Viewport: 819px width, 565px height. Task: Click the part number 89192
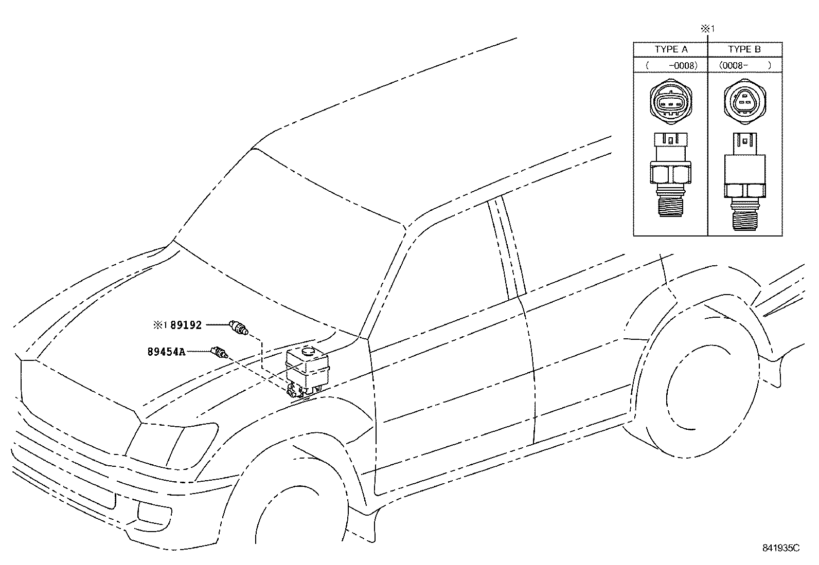pos(186,325)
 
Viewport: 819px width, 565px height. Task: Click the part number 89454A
pos(166,352)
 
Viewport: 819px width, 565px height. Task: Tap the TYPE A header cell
pos(671,49)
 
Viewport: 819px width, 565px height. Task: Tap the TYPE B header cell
pos(744,49)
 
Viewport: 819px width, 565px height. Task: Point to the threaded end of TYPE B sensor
pos(744,215)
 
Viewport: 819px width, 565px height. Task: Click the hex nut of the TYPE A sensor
pos(671,173)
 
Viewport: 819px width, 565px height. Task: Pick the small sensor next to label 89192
pos(238,327)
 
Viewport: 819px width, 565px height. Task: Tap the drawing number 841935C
pos(780,548)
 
